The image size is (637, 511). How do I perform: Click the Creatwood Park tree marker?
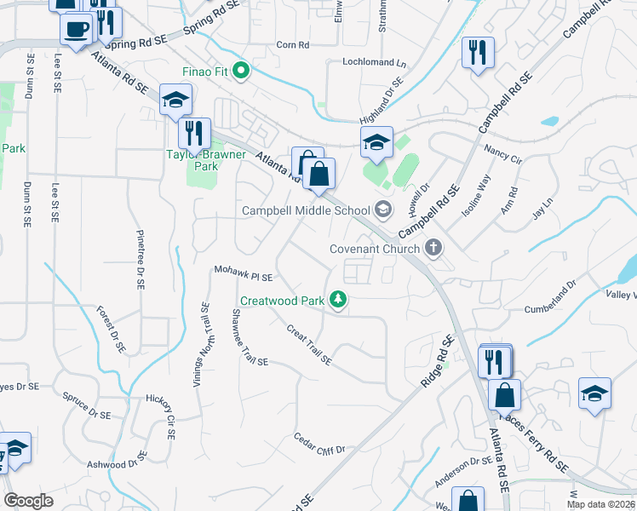[339, 300]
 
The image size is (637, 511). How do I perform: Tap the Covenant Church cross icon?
[433, 249]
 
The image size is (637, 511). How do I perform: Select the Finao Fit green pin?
[240, 71]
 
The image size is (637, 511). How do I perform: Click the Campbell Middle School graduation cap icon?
[383, 210]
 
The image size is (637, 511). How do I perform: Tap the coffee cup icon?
[75, 29]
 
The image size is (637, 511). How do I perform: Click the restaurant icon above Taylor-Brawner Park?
[194, 133]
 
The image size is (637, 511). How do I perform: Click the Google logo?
[28, 501]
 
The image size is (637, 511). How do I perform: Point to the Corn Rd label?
[292, 44]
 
